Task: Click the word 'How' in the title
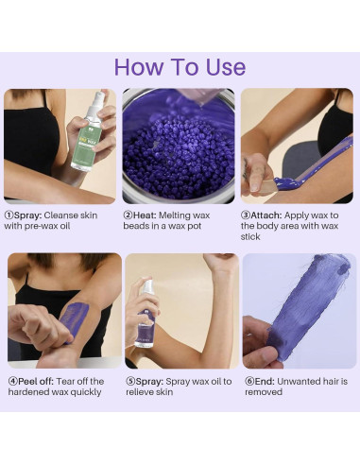click(x=139, y=67)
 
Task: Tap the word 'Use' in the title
click(x=226, y=67)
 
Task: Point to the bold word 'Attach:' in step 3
click(x=266, y=215)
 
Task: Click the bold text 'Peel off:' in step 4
click(x=36, y=382)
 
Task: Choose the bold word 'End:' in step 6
click(x=265, y=382)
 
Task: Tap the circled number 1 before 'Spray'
click(x=9, y=215)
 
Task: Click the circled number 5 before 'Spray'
click(x=130, y=382)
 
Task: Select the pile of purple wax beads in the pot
click(x=179, y=152)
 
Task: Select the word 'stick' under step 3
click(x=250, y=236)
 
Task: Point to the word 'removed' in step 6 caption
click(x=264, y=392)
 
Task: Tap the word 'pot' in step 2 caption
click(x=194, y=226)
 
